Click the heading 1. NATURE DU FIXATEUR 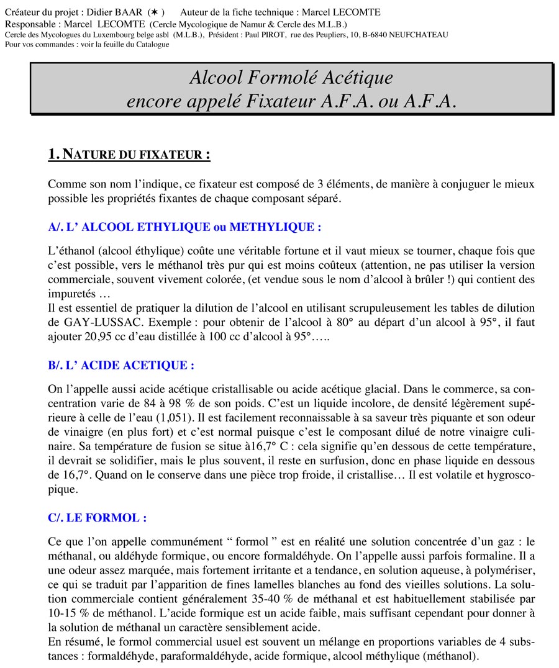[x=129, y=155]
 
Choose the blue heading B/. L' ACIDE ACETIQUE [x=121, y=365]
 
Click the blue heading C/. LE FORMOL [x=98, y=517]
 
